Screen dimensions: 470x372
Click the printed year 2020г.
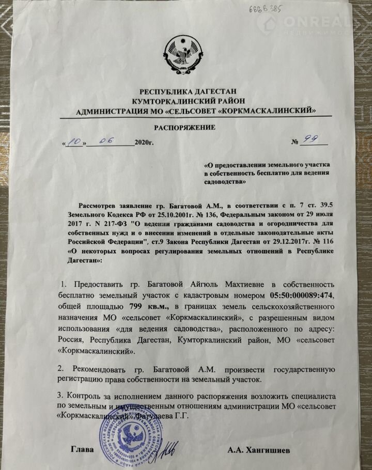(145, 142)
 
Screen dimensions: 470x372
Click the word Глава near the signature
(82, 449)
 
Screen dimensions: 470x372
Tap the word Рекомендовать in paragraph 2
(101, 369)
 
